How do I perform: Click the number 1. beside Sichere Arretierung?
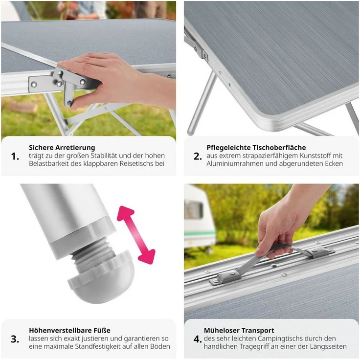point(15,157)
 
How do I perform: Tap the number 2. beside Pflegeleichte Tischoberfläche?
point(198,157)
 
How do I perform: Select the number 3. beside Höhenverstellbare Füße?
point(15,339)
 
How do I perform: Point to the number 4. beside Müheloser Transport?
point(198,339)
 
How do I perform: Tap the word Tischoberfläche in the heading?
point(280,147)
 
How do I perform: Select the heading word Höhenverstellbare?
point(60,330)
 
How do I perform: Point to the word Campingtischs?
point(277,338)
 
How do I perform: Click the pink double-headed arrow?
point(136,235)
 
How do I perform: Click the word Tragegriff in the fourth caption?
point(255,346)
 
